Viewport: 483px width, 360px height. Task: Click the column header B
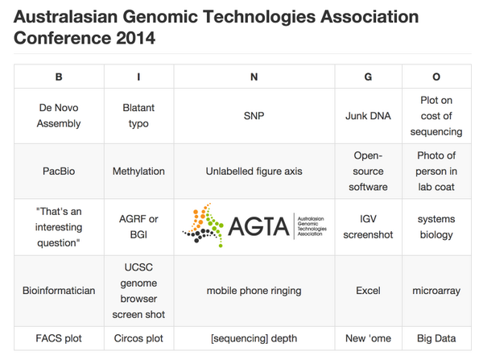(x=59, y=77)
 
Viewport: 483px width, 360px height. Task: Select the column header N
(x=254, y=77)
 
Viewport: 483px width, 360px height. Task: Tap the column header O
(x=436, y=77)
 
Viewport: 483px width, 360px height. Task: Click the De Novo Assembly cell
(x=59, y=115)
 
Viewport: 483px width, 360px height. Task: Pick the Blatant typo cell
(x=138, y=115)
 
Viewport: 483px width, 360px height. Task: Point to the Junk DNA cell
(x=368, y=115)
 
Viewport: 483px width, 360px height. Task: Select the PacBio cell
(x=59, y=171)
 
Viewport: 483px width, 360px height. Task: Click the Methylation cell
(x=138, y=171)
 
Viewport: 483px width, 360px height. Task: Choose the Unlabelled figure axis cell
(x=254, y=171)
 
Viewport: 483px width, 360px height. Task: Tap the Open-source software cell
(x=368, y=171)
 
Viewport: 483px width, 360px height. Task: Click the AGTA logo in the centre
(x=254, y=226)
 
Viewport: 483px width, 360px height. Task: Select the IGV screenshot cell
(x=368, y=226)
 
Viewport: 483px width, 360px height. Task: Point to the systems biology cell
(x=436, y=226)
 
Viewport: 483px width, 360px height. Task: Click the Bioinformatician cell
(x=59, y=290)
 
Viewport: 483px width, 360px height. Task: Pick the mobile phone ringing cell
(x=254, y=290)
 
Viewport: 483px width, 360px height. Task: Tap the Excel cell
(x=368, y=290)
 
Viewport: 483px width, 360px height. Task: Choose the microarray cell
(x=436, y=290)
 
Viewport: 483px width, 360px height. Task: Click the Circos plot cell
(x=138, y=337)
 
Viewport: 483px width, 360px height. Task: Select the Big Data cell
(x=436, y=337)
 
